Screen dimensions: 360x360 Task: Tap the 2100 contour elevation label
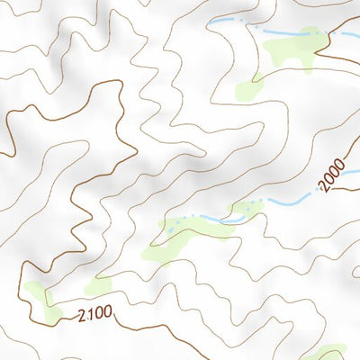click(94, 315)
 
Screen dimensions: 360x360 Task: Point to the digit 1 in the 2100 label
click(88, 315)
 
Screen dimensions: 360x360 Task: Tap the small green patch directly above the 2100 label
click(98, 286)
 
